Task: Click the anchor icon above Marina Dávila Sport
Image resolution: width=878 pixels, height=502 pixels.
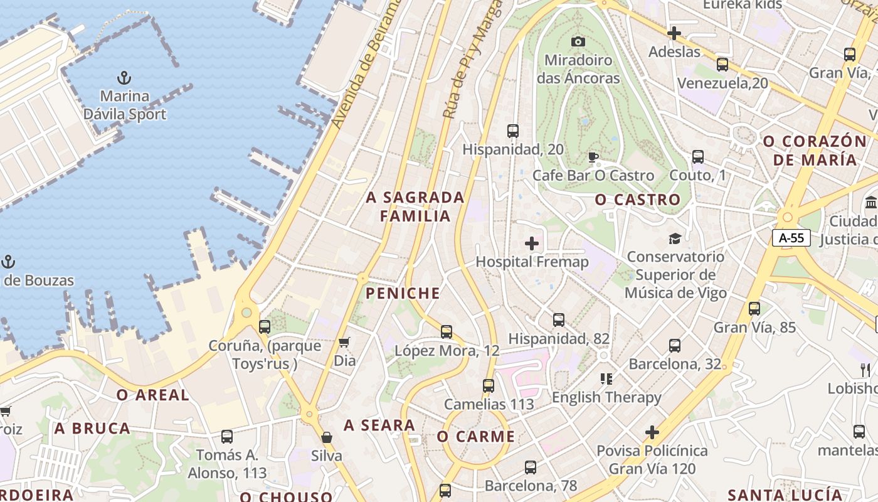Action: pos(124,78)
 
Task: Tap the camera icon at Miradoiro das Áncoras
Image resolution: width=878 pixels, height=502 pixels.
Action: pos(578,41)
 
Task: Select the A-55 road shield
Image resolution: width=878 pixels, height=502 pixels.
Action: pos(791,238)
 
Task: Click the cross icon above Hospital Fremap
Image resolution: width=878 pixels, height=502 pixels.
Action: pos(532,243)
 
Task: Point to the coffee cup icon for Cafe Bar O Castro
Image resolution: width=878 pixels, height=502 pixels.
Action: pos(593,157)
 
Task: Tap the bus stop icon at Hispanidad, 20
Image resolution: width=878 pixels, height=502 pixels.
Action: pos(513,131)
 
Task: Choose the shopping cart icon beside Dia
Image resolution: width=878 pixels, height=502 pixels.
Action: pos(344,342)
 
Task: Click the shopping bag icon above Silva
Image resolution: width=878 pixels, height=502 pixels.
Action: pos(326,437)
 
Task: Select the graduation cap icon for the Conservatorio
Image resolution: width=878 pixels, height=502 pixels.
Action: pos(675,238)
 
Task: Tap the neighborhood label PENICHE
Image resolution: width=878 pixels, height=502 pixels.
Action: pos(403,293)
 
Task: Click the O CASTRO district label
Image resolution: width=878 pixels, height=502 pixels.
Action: pos(637,200)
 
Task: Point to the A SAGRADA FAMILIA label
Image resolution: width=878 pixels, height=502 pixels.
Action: pos(415,206)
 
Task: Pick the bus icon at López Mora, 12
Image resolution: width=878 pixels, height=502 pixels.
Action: pos(447,332)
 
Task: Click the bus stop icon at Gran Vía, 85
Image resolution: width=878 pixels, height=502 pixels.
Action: pos(754,309)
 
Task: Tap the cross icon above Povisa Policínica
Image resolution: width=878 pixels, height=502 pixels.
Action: pos(652,432)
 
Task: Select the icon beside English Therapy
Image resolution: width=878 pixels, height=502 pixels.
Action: pos(606,378)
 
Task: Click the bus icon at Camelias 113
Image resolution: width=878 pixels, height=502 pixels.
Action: pos(489,386)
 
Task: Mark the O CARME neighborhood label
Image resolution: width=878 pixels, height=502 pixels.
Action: pos(476,437)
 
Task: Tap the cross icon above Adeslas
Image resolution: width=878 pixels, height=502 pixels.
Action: pos(674,33)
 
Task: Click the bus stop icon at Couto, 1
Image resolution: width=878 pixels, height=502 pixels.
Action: pos(698,157)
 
